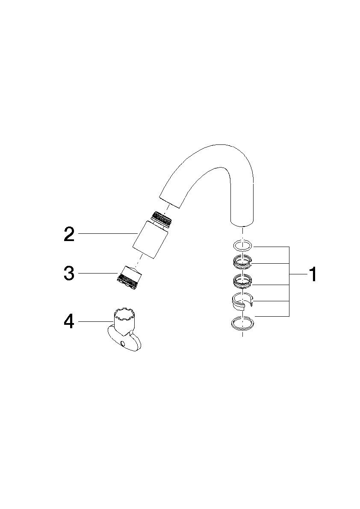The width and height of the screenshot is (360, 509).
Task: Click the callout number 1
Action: [313, 274]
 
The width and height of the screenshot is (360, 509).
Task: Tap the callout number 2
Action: [69, 234]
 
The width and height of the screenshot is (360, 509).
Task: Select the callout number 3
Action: [69, 273]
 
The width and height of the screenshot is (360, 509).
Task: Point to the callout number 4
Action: [69, 321]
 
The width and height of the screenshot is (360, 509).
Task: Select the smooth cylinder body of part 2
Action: [150, 239]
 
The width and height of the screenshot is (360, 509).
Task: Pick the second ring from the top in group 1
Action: [242, 261]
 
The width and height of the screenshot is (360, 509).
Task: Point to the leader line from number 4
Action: [94, 321]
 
